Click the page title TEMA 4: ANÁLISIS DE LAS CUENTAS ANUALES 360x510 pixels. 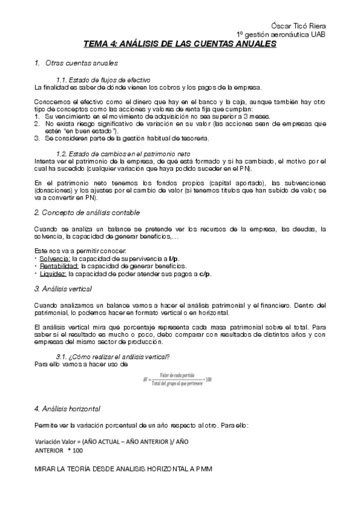tap(179, 45)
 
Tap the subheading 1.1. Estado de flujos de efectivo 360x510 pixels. tap(103, 80)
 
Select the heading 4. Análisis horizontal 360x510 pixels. tap(67, 409)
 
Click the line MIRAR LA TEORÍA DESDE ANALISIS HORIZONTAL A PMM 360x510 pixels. tap(123, 467)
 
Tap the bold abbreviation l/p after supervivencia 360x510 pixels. tap(174, 258)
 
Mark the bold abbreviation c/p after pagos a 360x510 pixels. tap(205, 273)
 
